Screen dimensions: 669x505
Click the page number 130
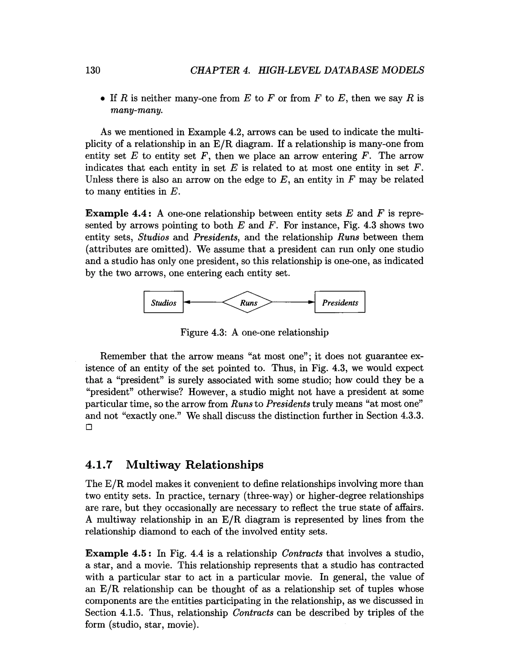pos(92,70)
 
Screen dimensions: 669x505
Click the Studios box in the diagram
pos(163,302)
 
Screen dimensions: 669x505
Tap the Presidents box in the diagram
pos(340,302)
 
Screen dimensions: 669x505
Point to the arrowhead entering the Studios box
pos(187,302)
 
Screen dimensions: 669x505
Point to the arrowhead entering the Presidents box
pos(311,302)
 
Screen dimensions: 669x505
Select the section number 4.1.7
pos(99,465)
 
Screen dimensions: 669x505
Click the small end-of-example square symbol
pos(89,427)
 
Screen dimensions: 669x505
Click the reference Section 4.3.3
pos(395,416)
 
